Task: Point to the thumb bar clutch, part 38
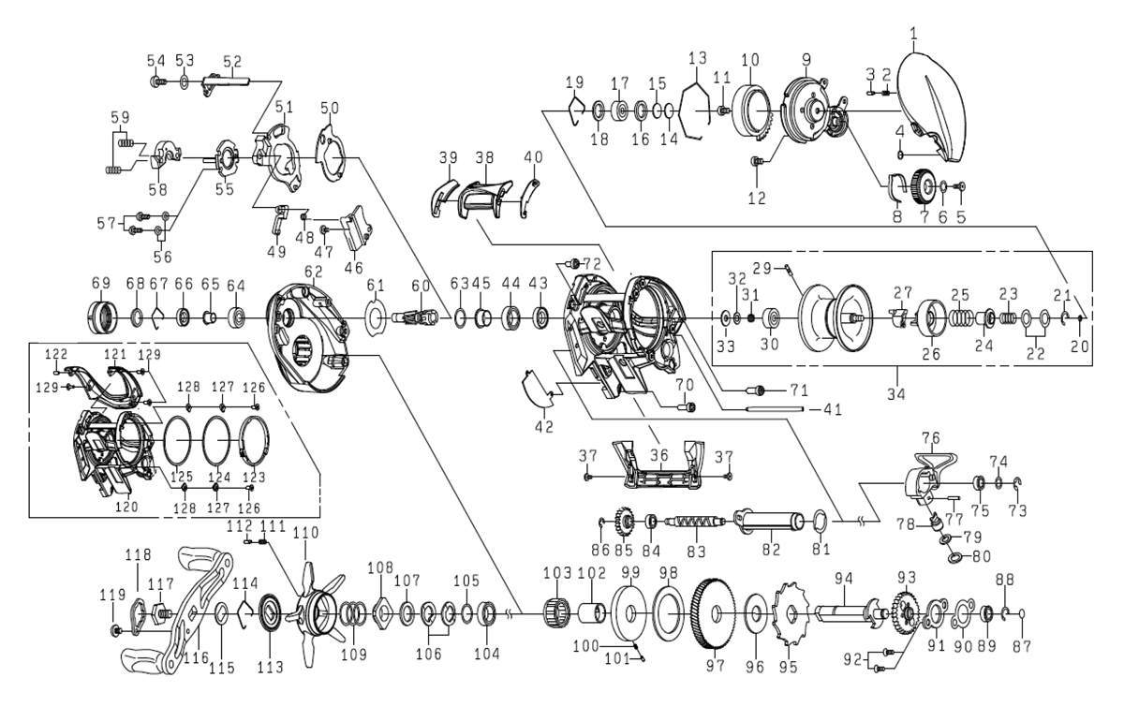[x=482, y=197]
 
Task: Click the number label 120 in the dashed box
[x=126, y=507]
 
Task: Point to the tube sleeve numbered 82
[x=771, y=520]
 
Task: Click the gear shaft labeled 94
[x=843, y=614]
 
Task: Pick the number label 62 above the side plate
[x=313, y=272]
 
